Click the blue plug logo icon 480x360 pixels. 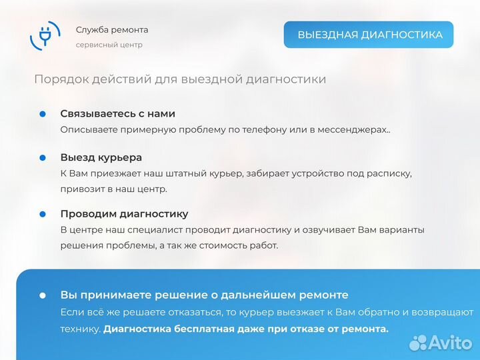[x=45, y=35]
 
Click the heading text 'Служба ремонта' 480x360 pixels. [x=112, y=30]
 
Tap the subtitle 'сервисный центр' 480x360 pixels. [x=109, y=45]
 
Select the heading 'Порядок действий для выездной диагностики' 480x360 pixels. [x=180, y=79]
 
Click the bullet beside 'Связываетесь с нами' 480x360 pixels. [x=43, y=114]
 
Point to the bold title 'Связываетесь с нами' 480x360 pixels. [x=118, y=114]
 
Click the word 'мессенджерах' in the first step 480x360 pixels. [x=358, y=129]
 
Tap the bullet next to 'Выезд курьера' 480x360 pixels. [x=43, y=158]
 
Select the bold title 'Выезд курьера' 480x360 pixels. [x=101, y=158]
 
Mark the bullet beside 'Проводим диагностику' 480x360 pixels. [x=43, y=214]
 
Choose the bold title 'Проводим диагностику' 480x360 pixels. [x=124, y=214]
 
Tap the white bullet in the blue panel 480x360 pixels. [x=43, y=295]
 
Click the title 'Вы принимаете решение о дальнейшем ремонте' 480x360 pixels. [x=204, y=295]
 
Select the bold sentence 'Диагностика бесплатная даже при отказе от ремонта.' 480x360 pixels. [x=246, y=329]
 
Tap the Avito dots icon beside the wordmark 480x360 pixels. [x=418, y=343]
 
